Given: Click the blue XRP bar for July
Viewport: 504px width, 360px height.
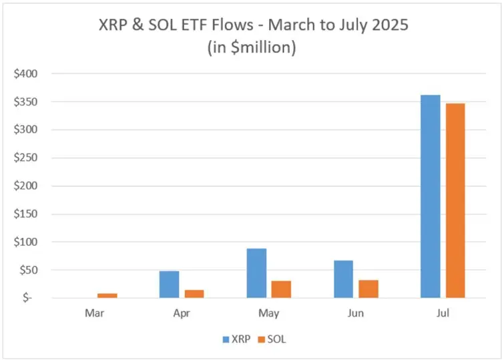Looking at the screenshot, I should (430, 196).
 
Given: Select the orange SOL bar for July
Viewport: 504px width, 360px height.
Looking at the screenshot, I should (455, 200).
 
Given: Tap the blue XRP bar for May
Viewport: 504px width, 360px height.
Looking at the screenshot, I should (256, 273).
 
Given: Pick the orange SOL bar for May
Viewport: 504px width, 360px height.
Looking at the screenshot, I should (281, 289).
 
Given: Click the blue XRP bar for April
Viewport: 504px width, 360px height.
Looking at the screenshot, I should (169, 285).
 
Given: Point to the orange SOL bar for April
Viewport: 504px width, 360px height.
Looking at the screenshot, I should (194, 294).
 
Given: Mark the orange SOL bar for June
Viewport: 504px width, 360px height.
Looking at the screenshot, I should (368, 289).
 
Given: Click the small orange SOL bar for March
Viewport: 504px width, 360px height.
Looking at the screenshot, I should (107, 295).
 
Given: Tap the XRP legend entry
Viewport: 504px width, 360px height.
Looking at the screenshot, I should (236, 339).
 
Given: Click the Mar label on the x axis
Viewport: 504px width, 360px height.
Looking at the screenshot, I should (94, 313).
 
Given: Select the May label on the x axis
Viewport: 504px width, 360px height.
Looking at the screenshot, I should (268, 313).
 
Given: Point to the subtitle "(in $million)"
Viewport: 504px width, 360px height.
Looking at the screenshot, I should (252, 47).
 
